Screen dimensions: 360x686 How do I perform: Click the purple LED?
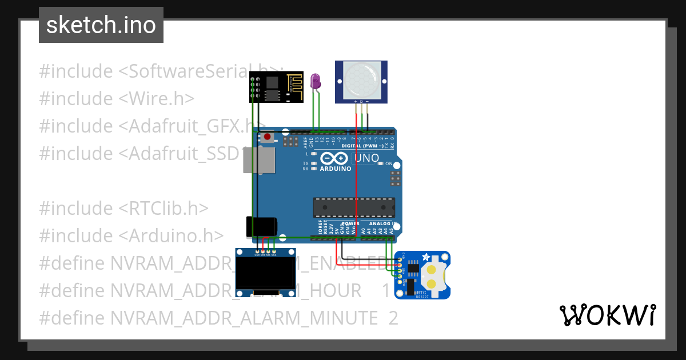315,81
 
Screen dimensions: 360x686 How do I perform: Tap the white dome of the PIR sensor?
361,79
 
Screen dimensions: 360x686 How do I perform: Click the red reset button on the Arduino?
267,137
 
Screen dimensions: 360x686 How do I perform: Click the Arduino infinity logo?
335,158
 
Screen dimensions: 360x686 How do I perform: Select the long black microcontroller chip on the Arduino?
353,207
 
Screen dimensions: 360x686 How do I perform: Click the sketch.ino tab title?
101,25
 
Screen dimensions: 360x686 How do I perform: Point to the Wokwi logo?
607,315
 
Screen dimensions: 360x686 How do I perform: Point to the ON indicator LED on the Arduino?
380,164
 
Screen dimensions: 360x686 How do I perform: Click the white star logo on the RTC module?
426,258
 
